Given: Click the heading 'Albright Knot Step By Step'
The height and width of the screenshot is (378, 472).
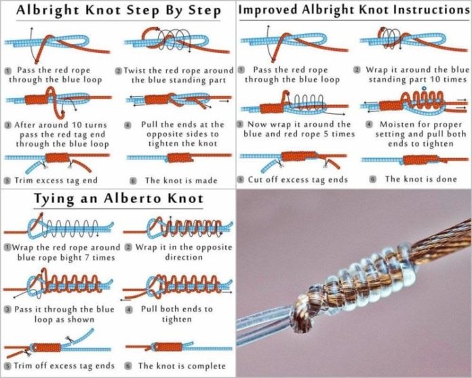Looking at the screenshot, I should pos(119,12).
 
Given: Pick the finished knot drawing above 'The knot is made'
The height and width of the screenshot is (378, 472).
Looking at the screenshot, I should pos(179,158).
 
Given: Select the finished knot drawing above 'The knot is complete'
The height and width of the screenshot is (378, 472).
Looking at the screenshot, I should pos(178,347).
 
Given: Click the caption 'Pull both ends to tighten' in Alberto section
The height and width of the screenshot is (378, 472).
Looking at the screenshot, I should pos(177,314).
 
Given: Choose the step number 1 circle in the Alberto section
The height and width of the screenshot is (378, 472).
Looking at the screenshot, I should pos(7,248).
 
